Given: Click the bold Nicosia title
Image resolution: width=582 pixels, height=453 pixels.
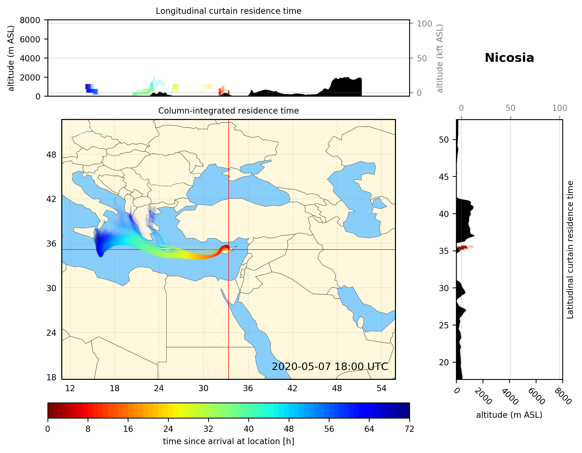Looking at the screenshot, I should tap(509, 58).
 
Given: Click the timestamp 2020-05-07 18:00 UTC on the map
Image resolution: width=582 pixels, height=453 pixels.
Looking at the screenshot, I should tap(330, 367).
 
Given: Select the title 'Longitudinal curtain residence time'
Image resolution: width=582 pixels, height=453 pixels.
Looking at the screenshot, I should tap(228, 11).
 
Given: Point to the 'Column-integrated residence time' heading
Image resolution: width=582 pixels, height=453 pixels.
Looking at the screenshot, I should tap(228, 111).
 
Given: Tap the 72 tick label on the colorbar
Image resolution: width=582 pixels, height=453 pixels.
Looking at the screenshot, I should tap(409, 429).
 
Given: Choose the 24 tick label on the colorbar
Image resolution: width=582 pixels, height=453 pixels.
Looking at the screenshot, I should tap(168, 429).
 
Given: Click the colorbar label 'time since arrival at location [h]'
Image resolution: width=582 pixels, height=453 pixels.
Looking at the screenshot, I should tap(228, 441).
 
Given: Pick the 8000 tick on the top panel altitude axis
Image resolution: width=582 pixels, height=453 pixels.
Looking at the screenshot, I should tap(30, 20).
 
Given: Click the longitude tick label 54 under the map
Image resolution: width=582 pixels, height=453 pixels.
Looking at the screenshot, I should tap(381, 388).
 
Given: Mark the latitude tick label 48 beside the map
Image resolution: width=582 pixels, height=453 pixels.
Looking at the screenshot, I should tap(51, 155).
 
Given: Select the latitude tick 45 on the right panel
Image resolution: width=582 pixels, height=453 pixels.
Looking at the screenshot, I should tap(444, 177).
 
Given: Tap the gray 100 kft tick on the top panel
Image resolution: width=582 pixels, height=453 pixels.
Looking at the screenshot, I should tap(424, 24).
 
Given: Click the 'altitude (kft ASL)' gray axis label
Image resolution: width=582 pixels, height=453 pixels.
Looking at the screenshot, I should tap(440, 58).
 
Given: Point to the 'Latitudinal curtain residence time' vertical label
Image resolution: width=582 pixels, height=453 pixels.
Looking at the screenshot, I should tap(570, 250).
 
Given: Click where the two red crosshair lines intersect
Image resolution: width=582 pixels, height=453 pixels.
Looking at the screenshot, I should tap(228, 250).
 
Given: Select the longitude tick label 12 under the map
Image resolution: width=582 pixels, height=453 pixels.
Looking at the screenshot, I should tap(70, 388).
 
